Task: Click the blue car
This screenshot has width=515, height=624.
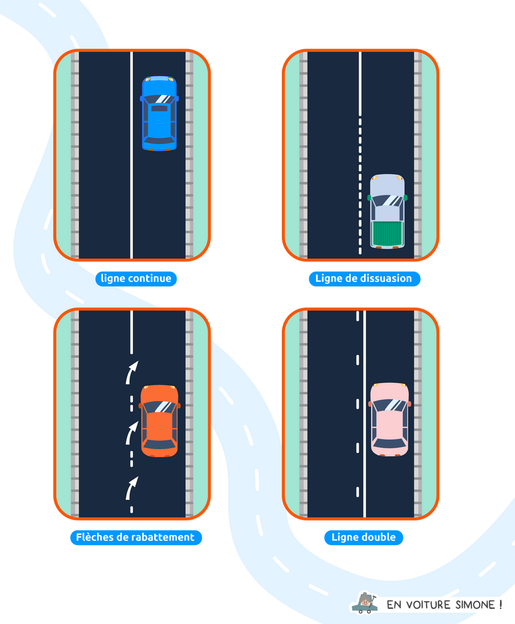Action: pyautogui.click(x=159, y=113)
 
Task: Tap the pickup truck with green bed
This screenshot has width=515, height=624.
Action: pyautogui.click(x=387, y=211)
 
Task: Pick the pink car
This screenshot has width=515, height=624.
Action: pyautogui.click(x=389, y=419)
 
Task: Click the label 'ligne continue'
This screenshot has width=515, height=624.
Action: pyautogui.click(x=136, y=278)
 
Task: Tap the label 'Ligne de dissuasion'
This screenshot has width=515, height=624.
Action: pyautogui.click(x=363, y=278)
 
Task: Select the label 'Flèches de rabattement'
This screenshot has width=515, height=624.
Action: pyautogui.click(x=135, y=537)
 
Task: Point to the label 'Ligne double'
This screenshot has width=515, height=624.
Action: pyautogui.click(x=363, y=537)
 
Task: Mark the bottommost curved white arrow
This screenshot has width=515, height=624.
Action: pyautogui.click(x=132, y=487)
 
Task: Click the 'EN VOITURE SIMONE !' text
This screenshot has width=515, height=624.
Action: pyautogui.click(x=444, y=604)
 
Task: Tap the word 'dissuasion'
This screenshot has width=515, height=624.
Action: pyautogui.click(x=384, y=278)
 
